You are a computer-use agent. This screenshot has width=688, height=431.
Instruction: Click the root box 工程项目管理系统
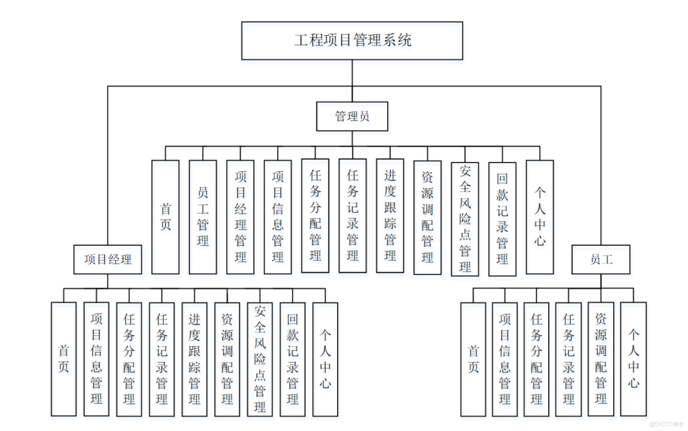352,41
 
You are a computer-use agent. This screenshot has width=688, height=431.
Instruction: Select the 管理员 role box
352,116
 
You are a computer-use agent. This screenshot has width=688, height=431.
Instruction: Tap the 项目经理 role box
107,260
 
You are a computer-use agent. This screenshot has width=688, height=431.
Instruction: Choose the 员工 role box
601,260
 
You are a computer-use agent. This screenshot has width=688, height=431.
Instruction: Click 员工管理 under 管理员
203,217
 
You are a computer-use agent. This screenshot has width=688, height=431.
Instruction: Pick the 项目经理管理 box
240,217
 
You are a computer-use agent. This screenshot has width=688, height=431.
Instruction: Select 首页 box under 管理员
166,217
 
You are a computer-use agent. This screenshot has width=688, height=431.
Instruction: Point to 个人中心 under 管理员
540,217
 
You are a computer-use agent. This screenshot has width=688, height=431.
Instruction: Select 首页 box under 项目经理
63,358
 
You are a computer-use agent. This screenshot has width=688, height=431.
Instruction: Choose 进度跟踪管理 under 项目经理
194,358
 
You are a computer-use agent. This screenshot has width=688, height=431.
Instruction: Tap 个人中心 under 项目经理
325,358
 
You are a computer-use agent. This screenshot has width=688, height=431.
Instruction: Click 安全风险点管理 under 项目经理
260,358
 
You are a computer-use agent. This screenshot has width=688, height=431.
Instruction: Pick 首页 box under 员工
474,358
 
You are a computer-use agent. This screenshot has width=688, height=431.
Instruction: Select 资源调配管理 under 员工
601,358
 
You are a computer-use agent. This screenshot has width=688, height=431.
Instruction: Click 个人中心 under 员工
633,358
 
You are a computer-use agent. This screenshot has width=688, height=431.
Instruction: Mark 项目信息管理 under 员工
505,358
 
